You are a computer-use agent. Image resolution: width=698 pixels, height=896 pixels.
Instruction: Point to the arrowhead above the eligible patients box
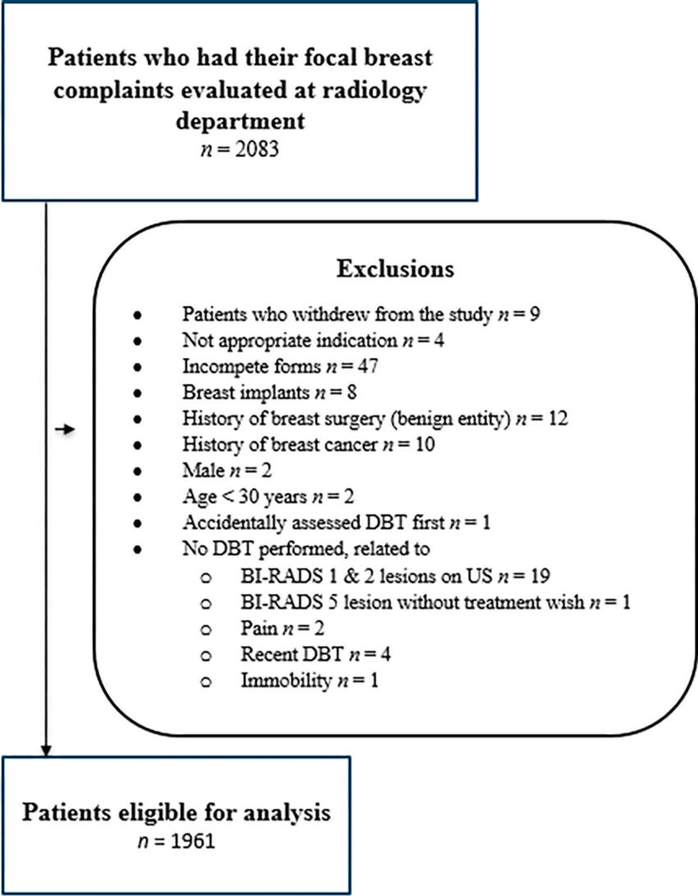(47, 748)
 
